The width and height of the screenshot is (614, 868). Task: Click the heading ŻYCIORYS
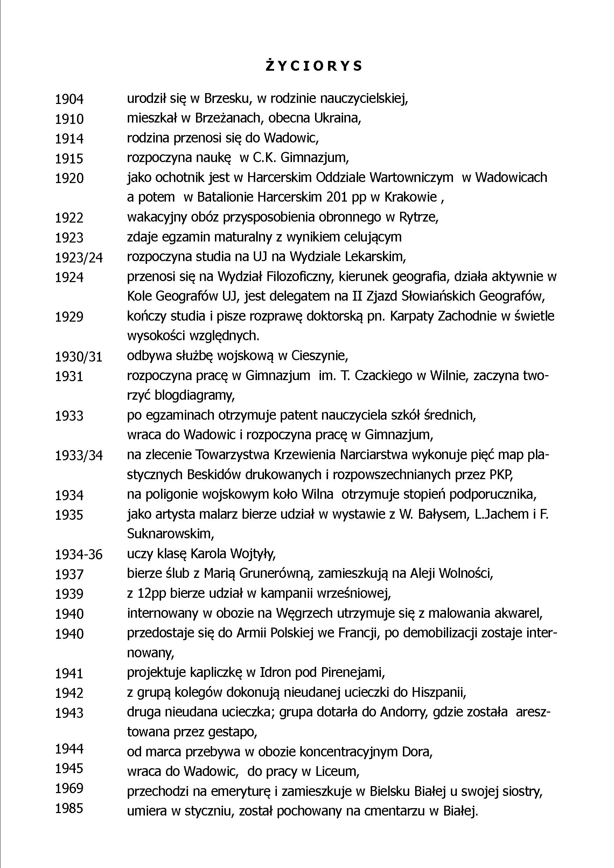(314, 66)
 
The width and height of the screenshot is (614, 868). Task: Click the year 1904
(69, 99)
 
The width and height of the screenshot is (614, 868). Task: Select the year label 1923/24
(79, 258)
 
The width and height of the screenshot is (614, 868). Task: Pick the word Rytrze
(420, 217)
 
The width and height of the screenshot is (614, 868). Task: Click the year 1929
(69, 317)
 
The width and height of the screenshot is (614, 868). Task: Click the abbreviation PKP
(501, 475)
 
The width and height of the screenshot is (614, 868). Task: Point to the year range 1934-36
(79, 554)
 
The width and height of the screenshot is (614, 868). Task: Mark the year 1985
(69, 808)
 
